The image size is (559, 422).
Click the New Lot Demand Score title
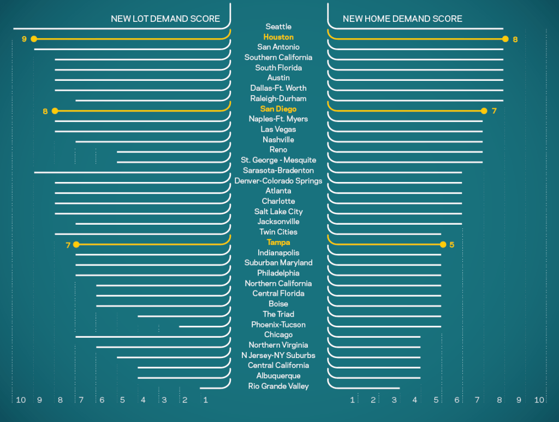[165, 19]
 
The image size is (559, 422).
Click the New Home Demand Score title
[402, 19]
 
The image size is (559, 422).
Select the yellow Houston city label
[278, 37]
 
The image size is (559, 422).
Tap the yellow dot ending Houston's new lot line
[34, 39]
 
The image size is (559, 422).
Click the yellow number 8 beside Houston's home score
[515, 39]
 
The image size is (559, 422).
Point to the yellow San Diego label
[278, 109]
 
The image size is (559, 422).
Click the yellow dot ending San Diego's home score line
[484, 111]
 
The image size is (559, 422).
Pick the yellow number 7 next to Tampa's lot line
[68, 245]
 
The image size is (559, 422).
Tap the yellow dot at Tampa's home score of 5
[442, 244]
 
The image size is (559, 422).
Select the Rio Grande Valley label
[278, 386]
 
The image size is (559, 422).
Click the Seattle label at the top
[278, 26]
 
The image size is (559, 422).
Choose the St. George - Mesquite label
[278, 160]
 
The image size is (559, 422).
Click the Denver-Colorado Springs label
[278, 180]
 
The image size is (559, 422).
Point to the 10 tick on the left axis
[21, 400]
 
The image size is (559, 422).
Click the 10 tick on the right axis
[539, 400]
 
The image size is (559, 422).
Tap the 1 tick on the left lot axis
[206, 400]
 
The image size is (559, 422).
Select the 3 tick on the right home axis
[394, 400]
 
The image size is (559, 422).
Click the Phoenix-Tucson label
[278, 325]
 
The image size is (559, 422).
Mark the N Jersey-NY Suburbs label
[278, 355]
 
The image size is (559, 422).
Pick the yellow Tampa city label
[278, 242]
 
